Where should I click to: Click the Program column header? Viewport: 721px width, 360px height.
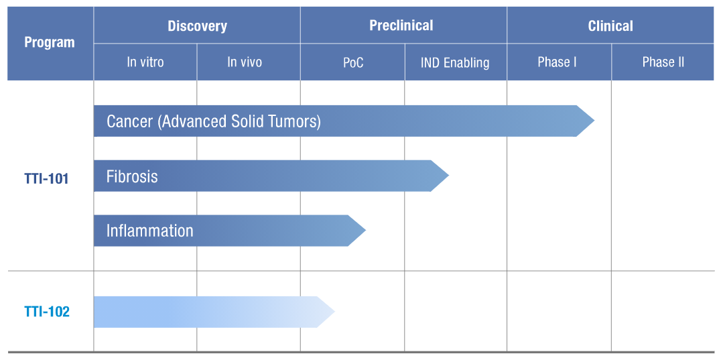(50, 43)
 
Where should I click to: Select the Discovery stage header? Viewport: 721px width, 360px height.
(197, 26)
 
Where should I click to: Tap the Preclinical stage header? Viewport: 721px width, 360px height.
(401, 25)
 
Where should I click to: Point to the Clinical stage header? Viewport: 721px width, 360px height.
(610, 26)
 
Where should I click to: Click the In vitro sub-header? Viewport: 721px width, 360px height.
(145, 62)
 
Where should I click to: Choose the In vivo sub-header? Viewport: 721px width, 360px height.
(245, 62)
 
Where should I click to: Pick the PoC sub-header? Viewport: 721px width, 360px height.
(353, 62)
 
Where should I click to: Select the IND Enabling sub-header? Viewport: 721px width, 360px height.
(455, 62)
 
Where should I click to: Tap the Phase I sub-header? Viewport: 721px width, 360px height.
(557, 62)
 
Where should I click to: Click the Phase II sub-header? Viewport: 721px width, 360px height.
(663, 62)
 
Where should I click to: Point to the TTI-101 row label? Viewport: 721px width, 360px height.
(46, 178)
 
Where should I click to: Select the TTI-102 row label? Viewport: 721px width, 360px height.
(47, 312)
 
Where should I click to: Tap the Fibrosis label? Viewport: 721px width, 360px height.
(132, 176)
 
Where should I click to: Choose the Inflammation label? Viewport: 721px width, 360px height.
(150, 231)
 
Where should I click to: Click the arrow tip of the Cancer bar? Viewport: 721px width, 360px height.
(594, 121)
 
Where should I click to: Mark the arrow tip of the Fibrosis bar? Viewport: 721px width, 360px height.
(449, 176)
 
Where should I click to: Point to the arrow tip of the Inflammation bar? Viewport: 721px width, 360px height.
(366, 231)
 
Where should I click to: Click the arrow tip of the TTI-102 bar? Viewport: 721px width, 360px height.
(335, 312)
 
